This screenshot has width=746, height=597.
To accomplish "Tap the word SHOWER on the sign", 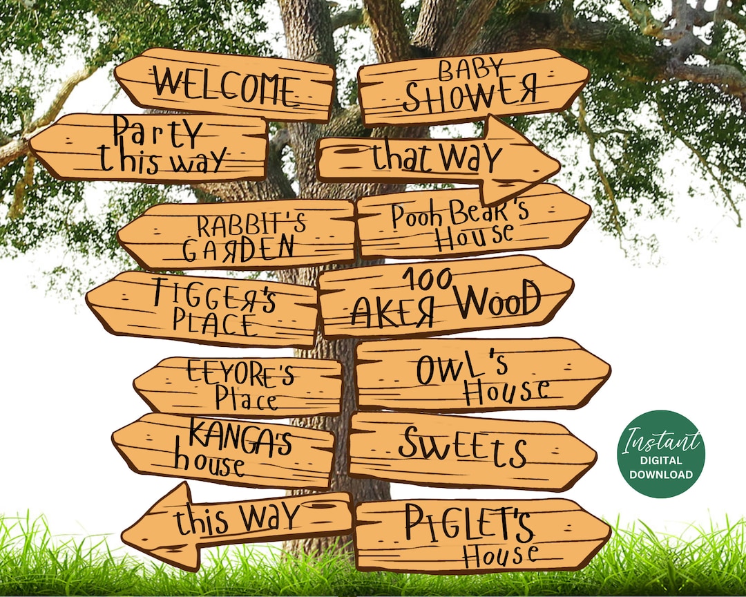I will coord(470,96).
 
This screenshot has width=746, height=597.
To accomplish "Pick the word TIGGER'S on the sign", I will coord(214,294).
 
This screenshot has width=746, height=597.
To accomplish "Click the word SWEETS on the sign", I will coord(462,448).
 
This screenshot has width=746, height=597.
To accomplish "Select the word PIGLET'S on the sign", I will coord(469,524).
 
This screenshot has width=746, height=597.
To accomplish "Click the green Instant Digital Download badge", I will coord(661,453).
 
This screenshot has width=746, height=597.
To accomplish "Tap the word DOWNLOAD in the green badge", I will coord(661,475).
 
